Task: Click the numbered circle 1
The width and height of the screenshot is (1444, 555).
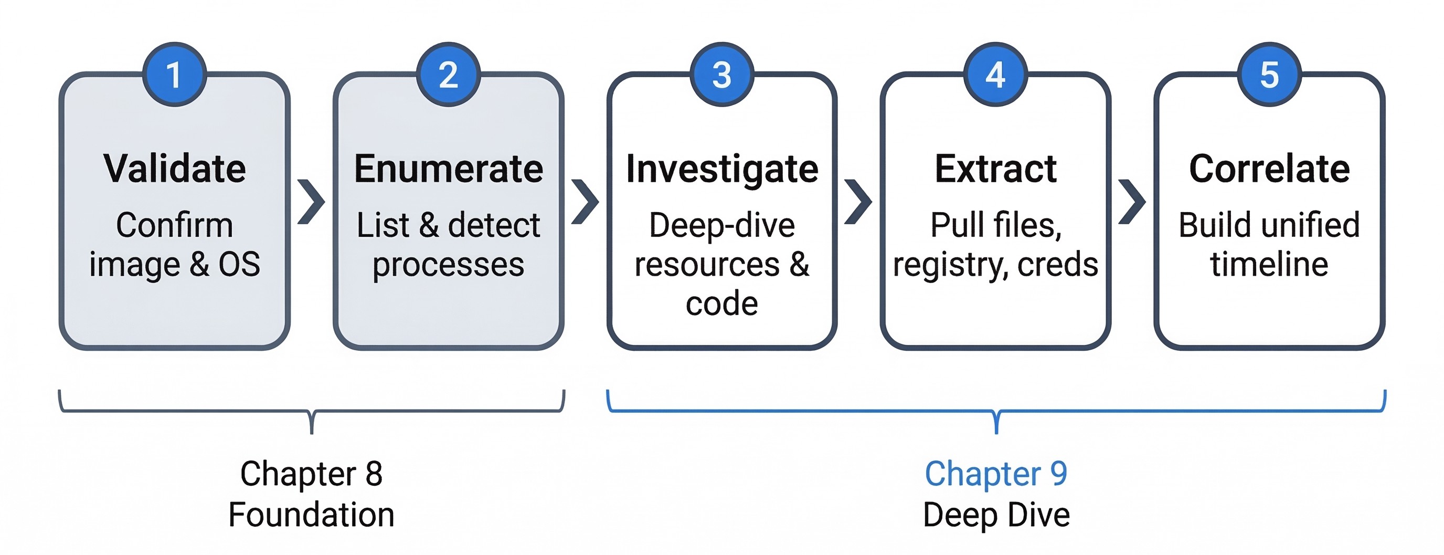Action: [x=174, y=74]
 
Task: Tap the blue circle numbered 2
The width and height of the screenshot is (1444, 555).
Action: [x=448, y=74]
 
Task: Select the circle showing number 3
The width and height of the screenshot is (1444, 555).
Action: [x=721, y=74]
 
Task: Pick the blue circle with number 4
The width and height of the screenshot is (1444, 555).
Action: [x=995, y=74]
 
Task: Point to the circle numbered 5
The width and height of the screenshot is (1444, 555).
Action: [x=1269, y=74]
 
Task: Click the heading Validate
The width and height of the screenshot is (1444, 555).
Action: [x=174, y=169]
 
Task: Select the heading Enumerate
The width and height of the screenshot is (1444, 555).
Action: [x=449, y=169]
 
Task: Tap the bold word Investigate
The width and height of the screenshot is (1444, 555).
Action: [x=722, y=169]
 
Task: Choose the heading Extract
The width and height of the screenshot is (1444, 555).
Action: [x=995, y=169]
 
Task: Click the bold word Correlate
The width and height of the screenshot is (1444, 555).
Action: [x=1269, y=169]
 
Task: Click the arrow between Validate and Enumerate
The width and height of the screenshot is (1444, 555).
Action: [x=311, y=202]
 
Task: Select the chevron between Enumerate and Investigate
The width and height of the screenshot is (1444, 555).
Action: [x=585, y=202]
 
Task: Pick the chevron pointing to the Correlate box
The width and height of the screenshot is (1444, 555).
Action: [x=1132, y=202]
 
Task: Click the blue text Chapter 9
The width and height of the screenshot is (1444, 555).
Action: [x=995, y=474]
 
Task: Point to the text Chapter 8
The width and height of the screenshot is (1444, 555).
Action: [x=311, y=474]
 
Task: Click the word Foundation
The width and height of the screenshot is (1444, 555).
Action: [x=311, y=515]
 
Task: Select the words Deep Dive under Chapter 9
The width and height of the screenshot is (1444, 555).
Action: [x=995, y=515]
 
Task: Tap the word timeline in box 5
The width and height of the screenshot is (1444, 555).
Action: [x=1269, y=264]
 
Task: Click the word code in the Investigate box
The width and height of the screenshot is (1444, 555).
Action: [x=722, y=303]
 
